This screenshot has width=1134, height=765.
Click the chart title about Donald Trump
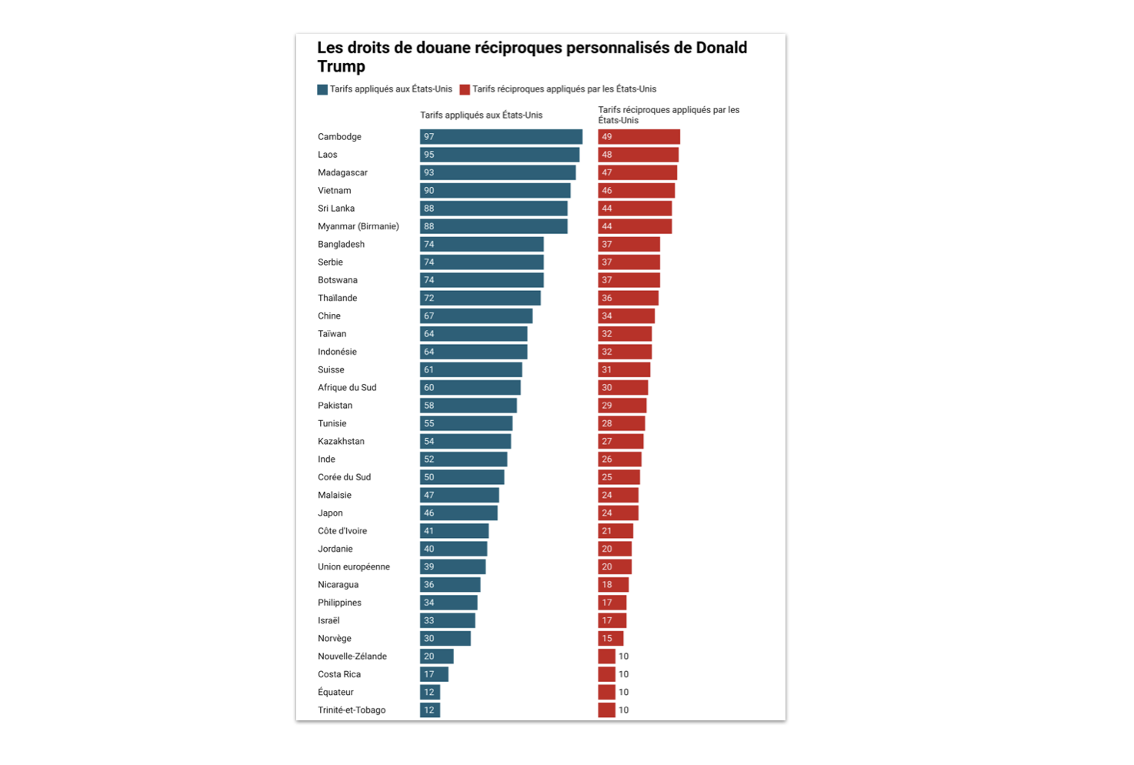pyautogui.click(x=532, y=57)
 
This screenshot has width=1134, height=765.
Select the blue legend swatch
pyautogui.click(x=322, y=89)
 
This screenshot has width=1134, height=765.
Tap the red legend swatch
pyautogui.click(x=465, y=89)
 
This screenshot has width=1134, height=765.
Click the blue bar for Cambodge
pyautogui.click(x=501, y=137)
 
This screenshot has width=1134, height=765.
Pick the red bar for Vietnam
pyautogui.click(x=636, y=191)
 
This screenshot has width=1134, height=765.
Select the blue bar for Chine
pyautogui.click(x=476, y=316)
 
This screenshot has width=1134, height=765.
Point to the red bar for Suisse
pyautogui.click(x=624, y=370)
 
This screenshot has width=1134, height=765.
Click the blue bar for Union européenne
pyautogui.click(x=452, y=567)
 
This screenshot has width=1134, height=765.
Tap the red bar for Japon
pyautogui.click(x=618, y=513)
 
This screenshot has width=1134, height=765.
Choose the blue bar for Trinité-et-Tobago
pyautogui.click(x=430, y=710)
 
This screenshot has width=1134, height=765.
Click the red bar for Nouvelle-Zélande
pyautogui.click(x=606, y=656)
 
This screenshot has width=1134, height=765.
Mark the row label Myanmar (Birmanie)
pyautogui.click(x=359, y=226)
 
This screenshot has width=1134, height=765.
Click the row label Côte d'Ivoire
pyautogui.click(x=342, y=531)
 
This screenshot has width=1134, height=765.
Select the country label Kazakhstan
pyautogui.click(x=341, y=442)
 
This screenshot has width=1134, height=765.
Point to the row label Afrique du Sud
pyautogui.click(x=347, y=388)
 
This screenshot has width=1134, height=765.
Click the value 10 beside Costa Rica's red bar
pyautogui.click(x=624, y=674)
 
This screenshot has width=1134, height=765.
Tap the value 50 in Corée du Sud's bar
pyautogui.click(x=429, y=477)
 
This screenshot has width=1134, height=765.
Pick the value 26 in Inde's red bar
pyautogui.click(x=607, y=459)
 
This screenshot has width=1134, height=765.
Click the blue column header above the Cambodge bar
pyautogui.click(x=481, y=115)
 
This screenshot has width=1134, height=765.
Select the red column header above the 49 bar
pyautogui.click(x=668, y=115)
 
